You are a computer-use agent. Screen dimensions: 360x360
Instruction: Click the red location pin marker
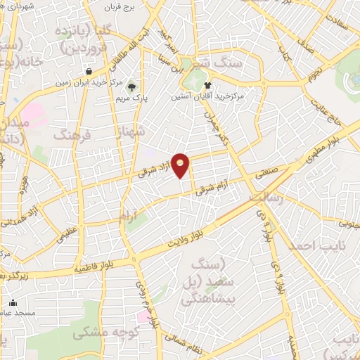pos(181,166)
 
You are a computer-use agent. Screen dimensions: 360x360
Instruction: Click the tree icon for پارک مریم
pos(131,87)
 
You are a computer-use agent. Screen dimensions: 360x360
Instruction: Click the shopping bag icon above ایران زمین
pos(89,71)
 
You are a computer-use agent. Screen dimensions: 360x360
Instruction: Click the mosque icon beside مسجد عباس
pos(12,303)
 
